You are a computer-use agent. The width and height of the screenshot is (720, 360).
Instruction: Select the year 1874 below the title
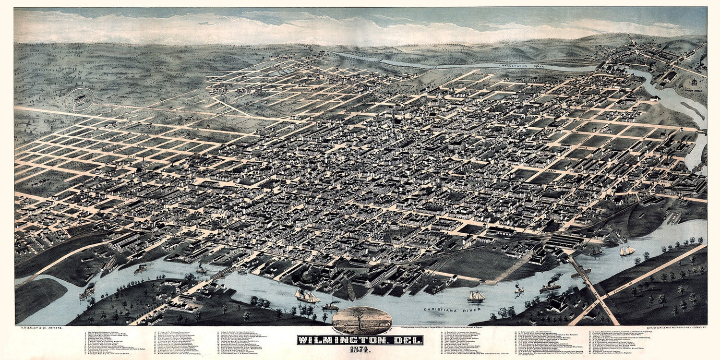pos(360,351)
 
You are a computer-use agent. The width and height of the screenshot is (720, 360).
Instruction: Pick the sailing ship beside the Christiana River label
pos(476,297)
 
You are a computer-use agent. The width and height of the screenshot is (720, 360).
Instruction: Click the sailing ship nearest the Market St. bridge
pos(307,296)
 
